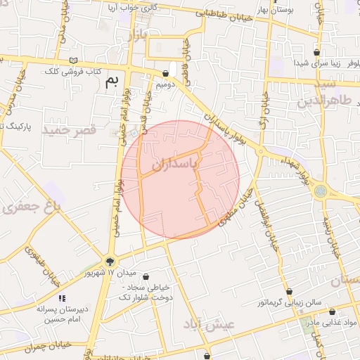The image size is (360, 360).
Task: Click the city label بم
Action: coord(112,81)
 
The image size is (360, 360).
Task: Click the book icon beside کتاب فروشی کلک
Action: coord(74,60)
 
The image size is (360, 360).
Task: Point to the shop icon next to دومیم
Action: coord(165,72)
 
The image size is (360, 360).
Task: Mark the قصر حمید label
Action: coord(69,130)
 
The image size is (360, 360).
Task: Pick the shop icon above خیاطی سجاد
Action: coord(146,276)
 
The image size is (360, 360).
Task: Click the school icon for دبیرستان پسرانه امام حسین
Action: coord(62,298)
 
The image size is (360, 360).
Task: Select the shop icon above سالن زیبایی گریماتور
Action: coord(289,291)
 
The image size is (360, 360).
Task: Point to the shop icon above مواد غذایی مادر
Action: coord(332,311)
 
